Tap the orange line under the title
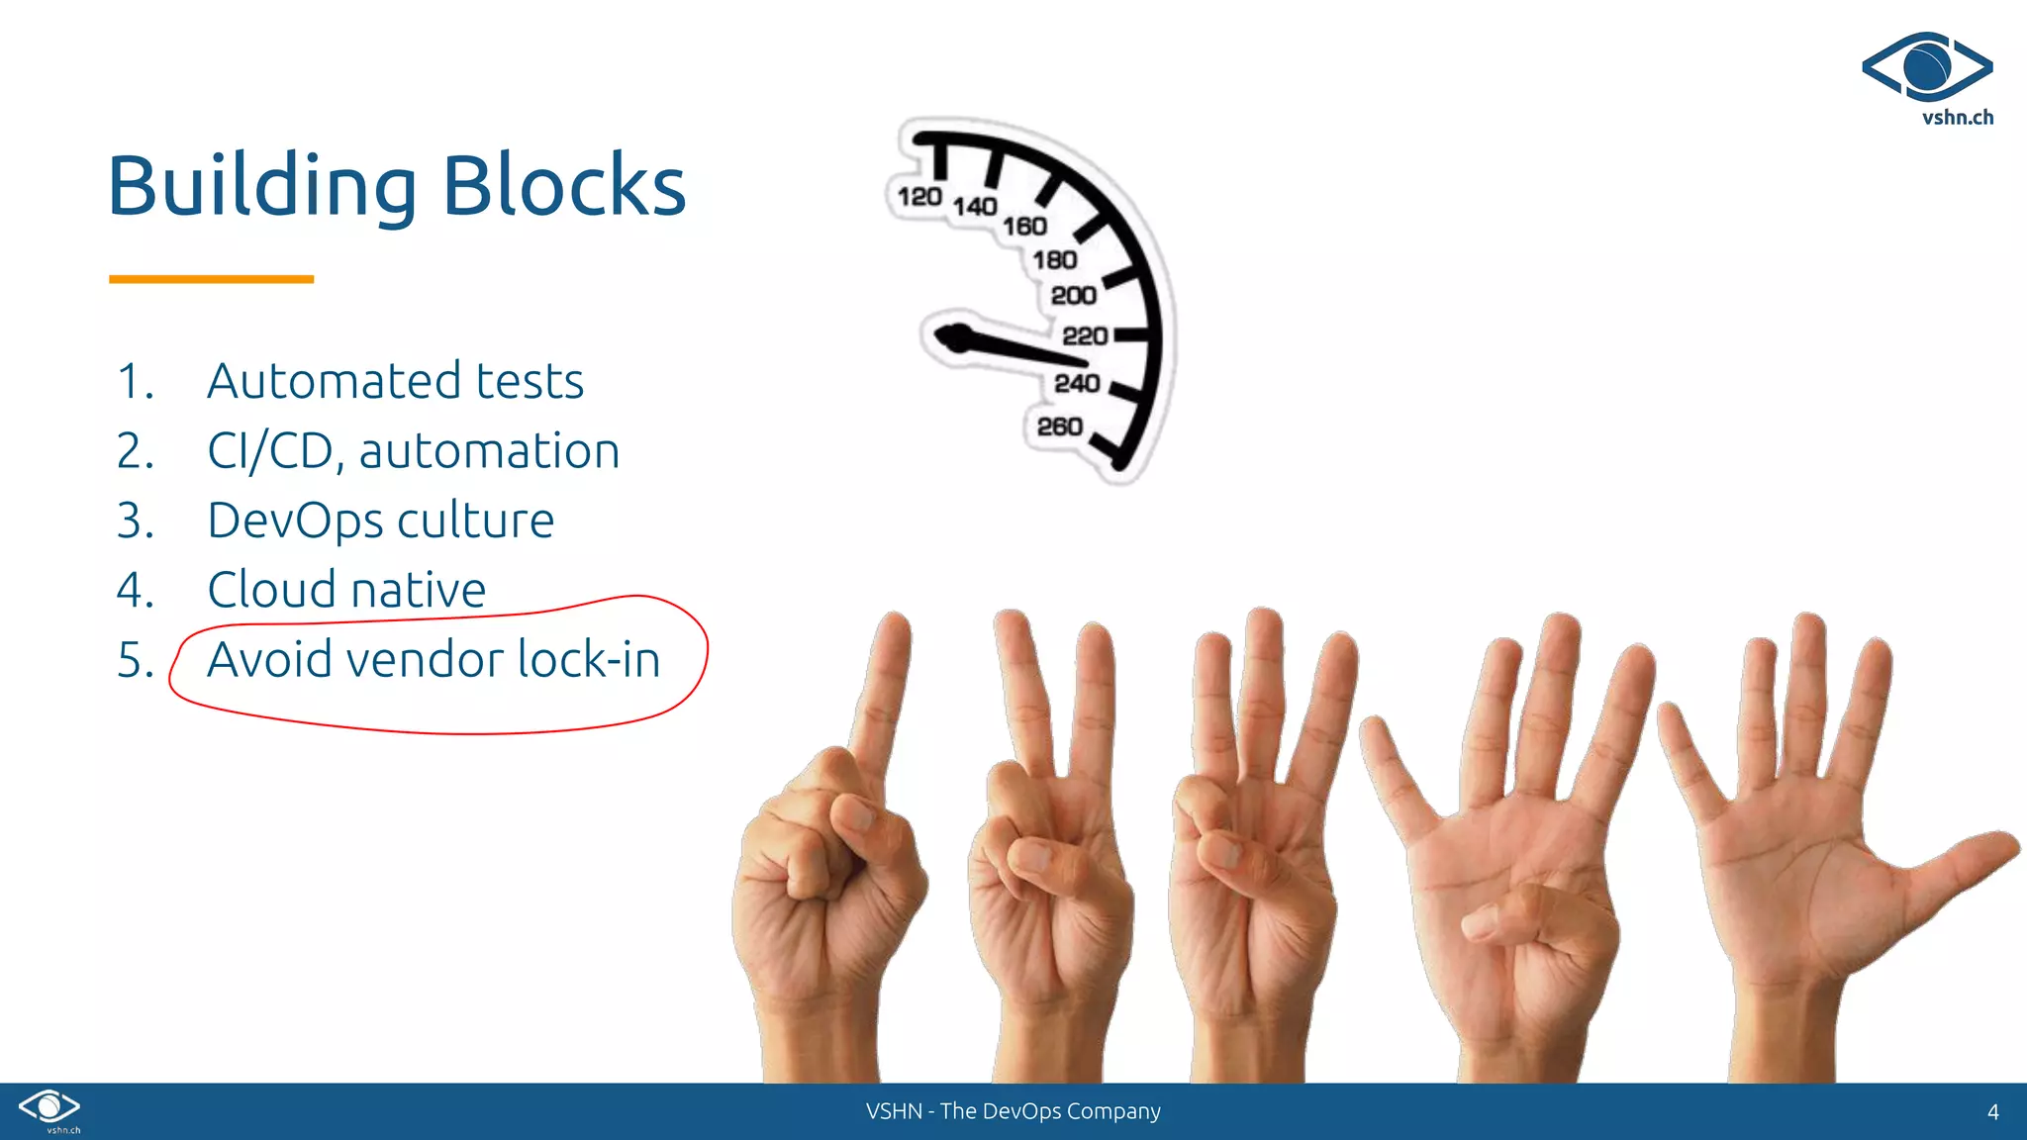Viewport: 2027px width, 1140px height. tap(211, 279)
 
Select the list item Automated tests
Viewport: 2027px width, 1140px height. tap(395, 381)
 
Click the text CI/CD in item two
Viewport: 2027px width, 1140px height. tap(269, 451)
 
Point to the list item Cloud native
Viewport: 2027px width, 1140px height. tap(346, 590)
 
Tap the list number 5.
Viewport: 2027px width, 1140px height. tap(135, 660)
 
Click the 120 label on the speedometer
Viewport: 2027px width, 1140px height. tap(918, 197)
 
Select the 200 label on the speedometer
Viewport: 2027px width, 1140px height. tap(1073, 295)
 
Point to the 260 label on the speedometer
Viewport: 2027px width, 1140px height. tap(1059, 427)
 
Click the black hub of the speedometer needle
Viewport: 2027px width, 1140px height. tap(956, 337)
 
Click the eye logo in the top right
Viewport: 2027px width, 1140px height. tap(1926, 66)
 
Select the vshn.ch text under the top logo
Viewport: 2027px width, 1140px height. tap(1957, 118)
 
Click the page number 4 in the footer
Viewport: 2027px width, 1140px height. tap(1992, 1112)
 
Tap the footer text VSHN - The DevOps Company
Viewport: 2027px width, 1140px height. tap(1013, 1111)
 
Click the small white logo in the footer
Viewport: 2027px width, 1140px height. tap(49, 1108)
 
